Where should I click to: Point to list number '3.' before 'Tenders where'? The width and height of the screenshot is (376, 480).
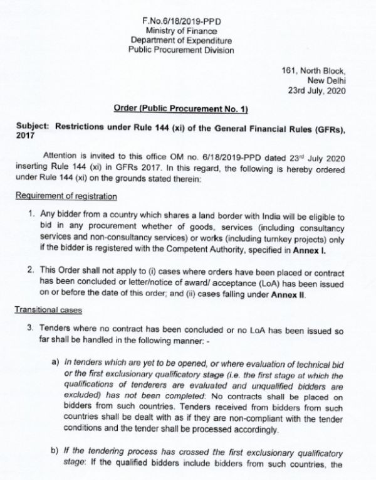coord(33,328)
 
